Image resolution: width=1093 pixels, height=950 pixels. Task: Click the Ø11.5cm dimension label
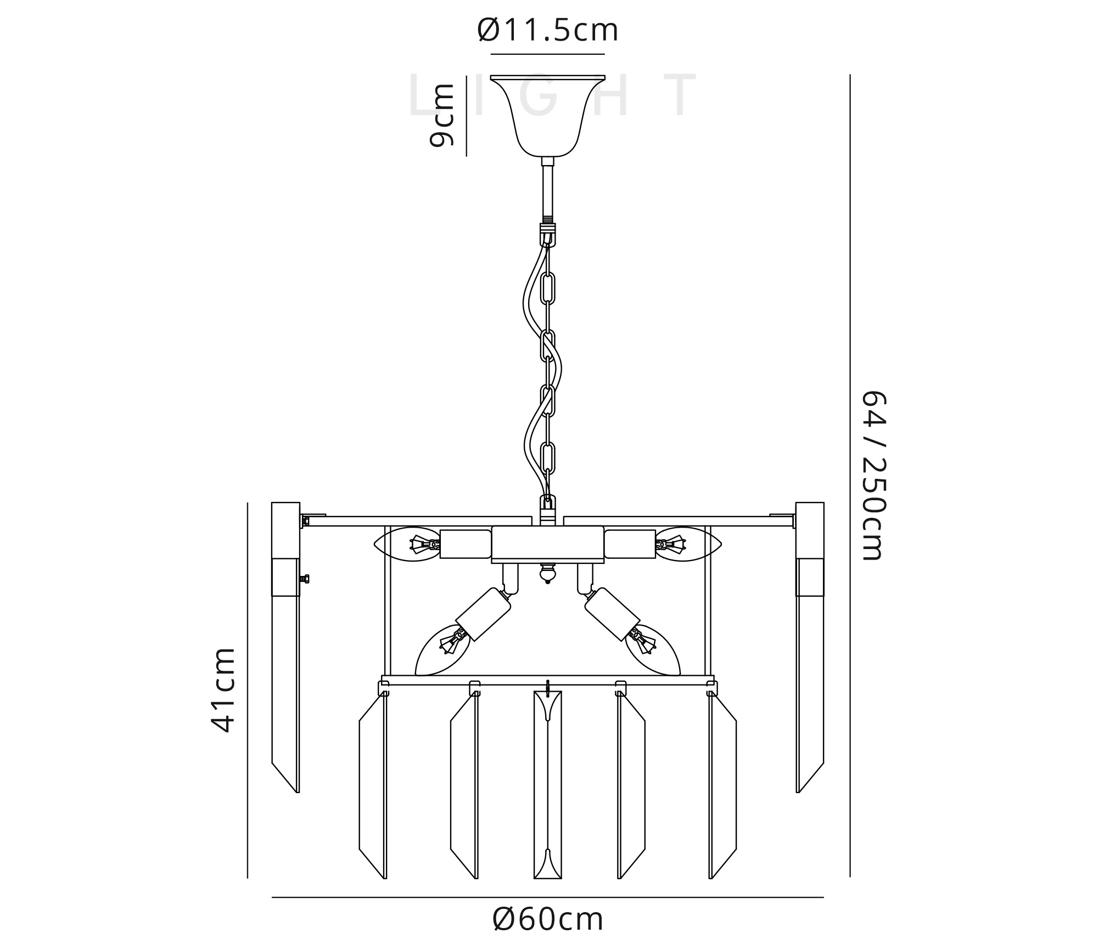pyautogui.click(x=548, y=30)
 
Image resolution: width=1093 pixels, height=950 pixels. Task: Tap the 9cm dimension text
pyautogui.click(x=442, y=115)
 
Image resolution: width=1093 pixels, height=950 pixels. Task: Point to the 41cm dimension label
pyautogui.click(x=223, y=690)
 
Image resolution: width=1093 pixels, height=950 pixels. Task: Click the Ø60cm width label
pyautogui.click(x=548, y=919)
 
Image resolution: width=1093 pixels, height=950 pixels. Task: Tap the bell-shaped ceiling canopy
pyautogui.click(x=547, y=115)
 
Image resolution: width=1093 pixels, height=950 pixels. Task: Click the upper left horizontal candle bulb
pyautogui.click(x=407, y=544)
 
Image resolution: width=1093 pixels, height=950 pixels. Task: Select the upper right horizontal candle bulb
pyautogui.click(x=688, y=544)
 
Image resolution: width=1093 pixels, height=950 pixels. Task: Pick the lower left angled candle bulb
pyautogui.click(x=444, y=651)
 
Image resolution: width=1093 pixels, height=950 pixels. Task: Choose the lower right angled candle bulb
pyautogui.click(x=652, y=651)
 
